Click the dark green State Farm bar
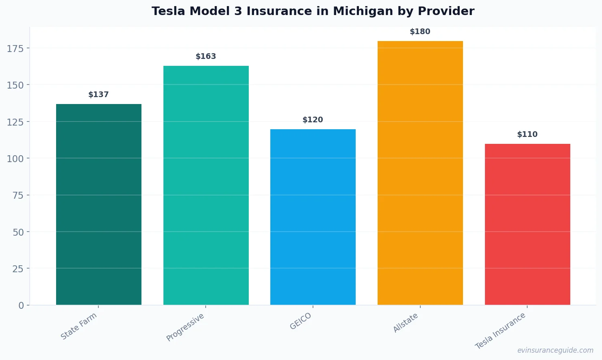coord(99,204)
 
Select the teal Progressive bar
coord(206,185)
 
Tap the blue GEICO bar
coord(313,217)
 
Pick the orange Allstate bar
coord(420,173)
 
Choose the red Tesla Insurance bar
coord(527,224)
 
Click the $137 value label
coord(99,95)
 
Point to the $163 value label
coord(206,56)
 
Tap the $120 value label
coord(313,120)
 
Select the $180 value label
coord(420,32)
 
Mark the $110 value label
coord(527,134)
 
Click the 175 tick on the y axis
coord(15,49)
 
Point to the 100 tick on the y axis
coord(15,158)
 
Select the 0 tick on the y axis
coord(21,306)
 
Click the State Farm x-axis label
coord(79,326)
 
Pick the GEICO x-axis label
coord(301,321)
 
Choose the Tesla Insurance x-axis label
coord(501,331)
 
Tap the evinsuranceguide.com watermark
coord(555,350)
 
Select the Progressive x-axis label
coord(185,327)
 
